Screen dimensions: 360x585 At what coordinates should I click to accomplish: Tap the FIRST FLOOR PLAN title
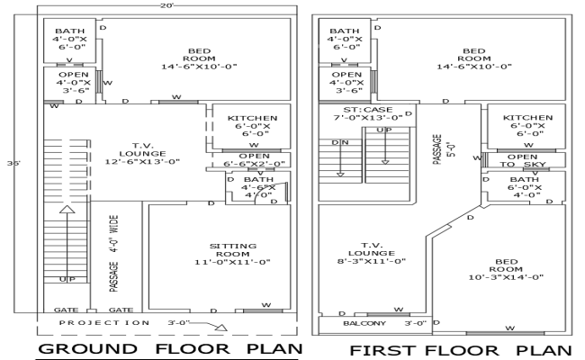pos(460,349)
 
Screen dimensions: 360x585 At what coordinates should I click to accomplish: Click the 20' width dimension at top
pos(166,5)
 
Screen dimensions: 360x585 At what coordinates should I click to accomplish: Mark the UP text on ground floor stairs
pos(67,280)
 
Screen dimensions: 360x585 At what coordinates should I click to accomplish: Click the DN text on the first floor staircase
pos(341,142)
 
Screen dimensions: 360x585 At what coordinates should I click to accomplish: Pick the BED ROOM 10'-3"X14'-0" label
pos(505,270)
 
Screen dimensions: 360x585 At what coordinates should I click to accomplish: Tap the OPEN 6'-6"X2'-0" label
pos(254,160)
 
